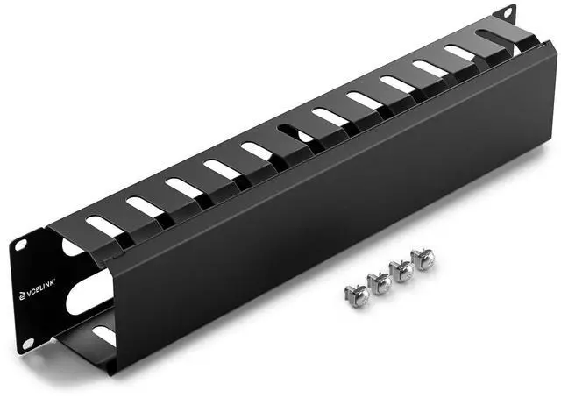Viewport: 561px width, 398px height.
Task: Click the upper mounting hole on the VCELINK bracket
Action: pos(21,245)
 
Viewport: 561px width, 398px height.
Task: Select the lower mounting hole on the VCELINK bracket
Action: pos(28,344)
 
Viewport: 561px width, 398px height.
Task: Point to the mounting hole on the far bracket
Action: pos(508,13)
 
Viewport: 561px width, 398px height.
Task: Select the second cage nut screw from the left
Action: pos(380,283)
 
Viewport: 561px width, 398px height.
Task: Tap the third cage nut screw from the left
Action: pos(401,271)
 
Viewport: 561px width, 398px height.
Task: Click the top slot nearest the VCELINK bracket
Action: pos(105,226)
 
